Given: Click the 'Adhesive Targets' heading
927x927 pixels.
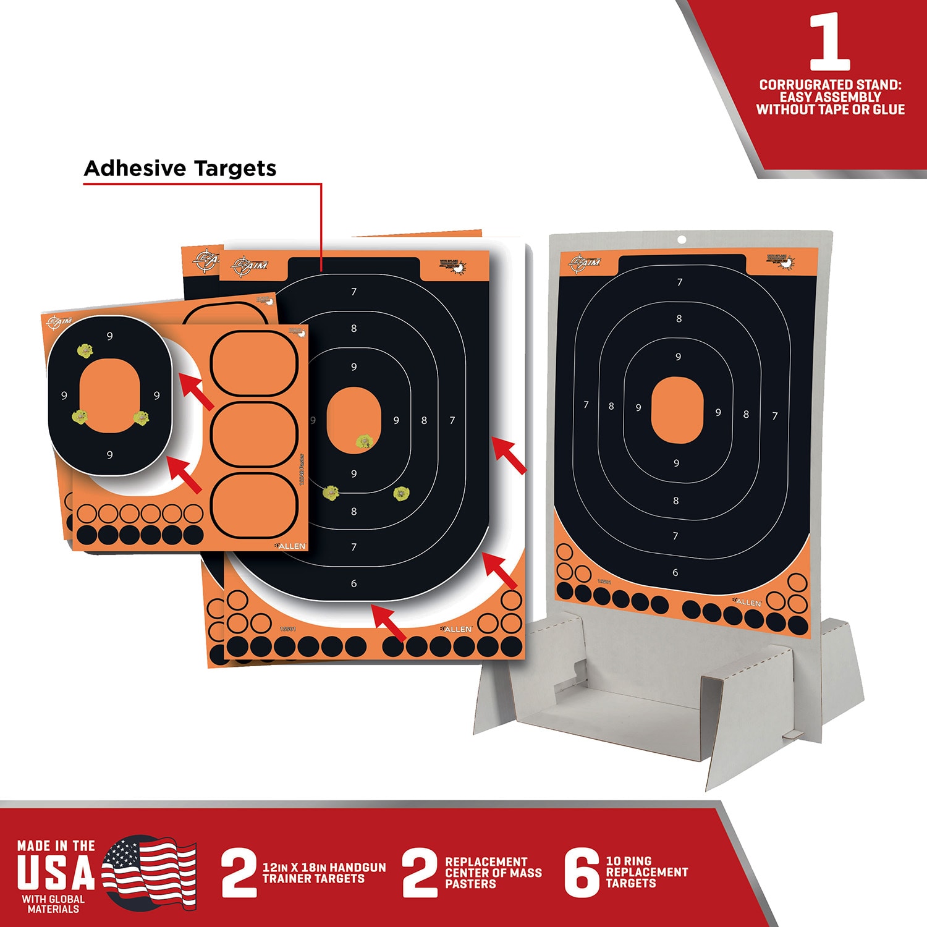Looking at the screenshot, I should pos(180,168).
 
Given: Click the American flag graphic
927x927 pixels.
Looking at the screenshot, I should pos(149,872).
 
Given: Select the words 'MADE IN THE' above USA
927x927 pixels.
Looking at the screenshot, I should pos(56,845).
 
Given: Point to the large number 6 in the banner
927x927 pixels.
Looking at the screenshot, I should pos(582,873).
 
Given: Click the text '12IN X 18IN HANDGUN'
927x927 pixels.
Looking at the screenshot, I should pos(324,867).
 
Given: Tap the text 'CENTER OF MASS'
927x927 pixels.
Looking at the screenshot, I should pos(493,873).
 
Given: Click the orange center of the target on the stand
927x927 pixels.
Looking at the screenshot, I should pos(677,410).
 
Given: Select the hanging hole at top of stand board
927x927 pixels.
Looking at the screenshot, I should pos(682,240).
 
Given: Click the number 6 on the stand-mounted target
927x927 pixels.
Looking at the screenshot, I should pos(675,572).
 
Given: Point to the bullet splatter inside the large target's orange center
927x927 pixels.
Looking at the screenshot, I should pos(364,441).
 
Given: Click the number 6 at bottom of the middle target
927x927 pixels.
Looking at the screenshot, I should pos(353,583).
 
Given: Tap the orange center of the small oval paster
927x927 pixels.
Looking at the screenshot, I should pos(110,395).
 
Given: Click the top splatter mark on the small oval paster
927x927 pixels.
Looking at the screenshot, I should pos(85,351).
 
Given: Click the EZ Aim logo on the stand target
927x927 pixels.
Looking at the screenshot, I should pos(585,262).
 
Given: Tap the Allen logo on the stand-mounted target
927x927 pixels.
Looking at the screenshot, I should pos(747,601).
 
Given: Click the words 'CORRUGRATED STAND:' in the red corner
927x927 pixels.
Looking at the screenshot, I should pos(830,85).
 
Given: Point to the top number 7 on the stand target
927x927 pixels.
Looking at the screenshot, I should pos(680,282).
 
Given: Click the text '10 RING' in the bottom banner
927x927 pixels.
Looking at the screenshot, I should pos(629,861).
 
